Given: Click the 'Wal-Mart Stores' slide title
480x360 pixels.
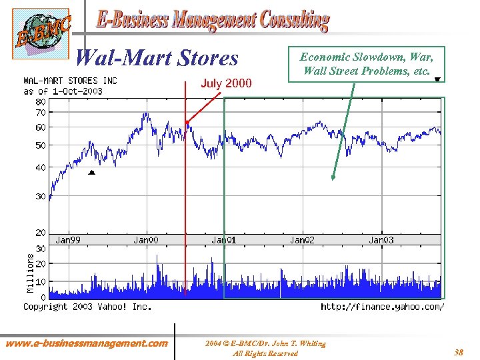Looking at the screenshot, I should (x=157, y=59).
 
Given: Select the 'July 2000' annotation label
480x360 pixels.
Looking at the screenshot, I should (x=227, y=83).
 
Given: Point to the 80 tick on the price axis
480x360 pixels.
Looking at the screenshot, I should (x=41, y=102).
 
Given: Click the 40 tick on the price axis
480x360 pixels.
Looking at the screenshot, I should (x=41, y=167).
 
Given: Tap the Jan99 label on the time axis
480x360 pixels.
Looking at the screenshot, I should (x=68, y=240).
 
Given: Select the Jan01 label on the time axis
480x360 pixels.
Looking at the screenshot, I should (x=224, y=240).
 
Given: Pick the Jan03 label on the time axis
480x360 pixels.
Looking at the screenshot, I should (x=381, y=240).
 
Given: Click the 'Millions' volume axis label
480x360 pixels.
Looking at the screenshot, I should (x=29, y=271).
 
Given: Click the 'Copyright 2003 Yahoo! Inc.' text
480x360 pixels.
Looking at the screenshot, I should (x=87, y=307).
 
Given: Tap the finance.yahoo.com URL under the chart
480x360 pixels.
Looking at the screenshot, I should (x=382, y=307).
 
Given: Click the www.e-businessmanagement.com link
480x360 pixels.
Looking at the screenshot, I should (x=87, y=343).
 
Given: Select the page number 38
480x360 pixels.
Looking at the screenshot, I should (x=459, y=351).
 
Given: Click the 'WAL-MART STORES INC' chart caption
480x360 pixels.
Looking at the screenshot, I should (x=70, y=81).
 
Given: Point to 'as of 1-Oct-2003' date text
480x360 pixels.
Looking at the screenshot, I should (x=63, y=91).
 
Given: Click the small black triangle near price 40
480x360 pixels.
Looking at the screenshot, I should (x=92, y=173).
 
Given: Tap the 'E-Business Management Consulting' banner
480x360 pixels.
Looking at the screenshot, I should (x=213, y=21).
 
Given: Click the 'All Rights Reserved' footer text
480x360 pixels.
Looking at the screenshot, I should (x=265, y=353).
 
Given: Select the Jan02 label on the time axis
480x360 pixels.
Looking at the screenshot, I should (x=302, y=240).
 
